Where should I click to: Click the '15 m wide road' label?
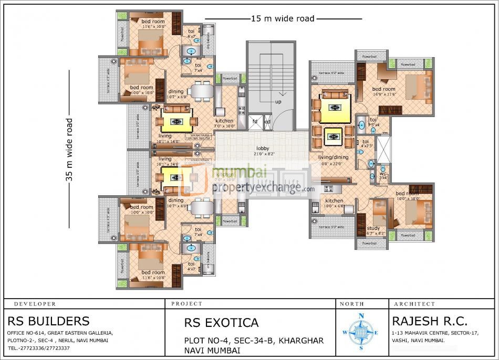pos(283,19)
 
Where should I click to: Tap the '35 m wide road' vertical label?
pos(69,150)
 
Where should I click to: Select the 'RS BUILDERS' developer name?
pos(48,321)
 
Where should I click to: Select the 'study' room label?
pos(373,228)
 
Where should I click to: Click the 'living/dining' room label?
pos(334,156)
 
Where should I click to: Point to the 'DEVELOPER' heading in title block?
pos(35,304)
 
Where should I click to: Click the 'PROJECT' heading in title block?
pos(186,304)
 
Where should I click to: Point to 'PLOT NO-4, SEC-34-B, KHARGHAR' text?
pos(254,341)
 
